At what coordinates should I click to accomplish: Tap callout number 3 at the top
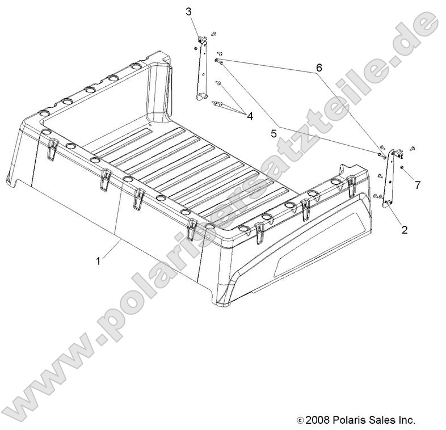pos(189,11)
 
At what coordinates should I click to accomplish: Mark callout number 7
pos(418,185)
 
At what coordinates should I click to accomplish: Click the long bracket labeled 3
pos(201,68)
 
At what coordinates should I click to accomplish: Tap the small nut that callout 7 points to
pos(402,168)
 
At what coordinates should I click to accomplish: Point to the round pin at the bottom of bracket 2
pos(389,203)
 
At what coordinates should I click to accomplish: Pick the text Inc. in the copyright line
pos(407,420)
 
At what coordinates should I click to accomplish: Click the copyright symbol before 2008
pos(300,421)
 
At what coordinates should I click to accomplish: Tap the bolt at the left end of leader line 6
pos(218,60)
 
